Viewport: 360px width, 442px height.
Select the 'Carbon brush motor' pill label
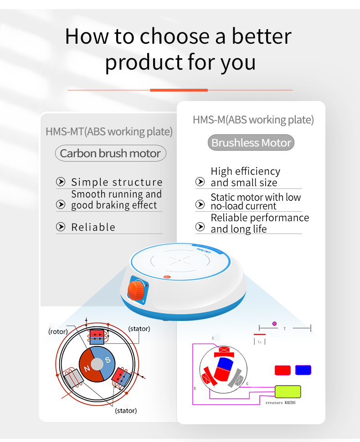110,153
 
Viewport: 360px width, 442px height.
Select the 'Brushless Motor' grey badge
251,143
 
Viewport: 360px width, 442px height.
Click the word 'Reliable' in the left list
93,227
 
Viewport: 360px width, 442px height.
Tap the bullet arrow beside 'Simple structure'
61,183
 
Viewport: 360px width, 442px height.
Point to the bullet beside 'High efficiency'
200,182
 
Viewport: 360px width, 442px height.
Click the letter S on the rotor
108,360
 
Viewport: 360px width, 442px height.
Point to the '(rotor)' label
58,332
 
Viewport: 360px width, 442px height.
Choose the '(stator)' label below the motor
126,411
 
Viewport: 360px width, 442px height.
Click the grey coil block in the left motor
74,377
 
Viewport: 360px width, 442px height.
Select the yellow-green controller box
288,392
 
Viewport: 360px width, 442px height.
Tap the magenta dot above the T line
274,324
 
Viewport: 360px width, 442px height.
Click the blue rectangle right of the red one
303,370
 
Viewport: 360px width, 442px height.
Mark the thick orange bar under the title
179,90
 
